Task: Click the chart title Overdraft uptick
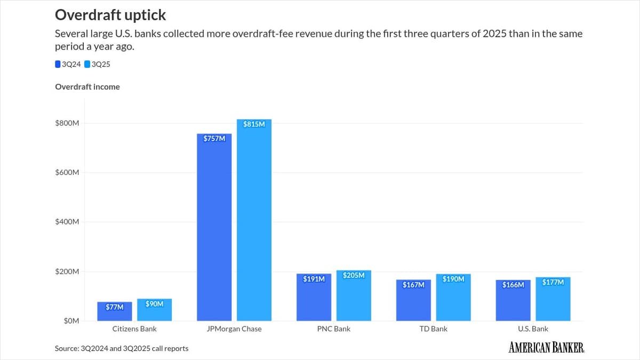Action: coord(110,14)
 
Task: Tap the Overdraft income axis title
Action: coord(87,86)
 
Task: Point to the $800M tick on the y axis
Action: coord(67,123)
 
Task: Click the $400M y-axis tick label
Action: coord(67,222)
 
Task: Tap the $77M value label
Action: coord(115,307)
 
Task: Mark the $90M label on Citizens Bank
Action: coord(154,303)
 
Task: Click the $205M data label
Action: coord(354,275)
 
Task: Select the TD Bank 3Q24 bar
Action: coord(413,301)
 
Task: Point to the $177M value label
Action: coord(553,282)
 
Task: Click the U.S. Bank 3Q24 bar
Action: coord(513,301)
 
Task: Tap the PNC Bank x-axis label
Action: coord(334,329)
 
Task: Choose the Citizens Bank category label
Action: coord(134,329)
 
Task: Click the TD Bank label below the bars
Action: coord(433,329)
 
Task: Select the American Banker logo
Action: coord(547,348)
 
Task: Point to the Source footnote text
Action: coord(122,348)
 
